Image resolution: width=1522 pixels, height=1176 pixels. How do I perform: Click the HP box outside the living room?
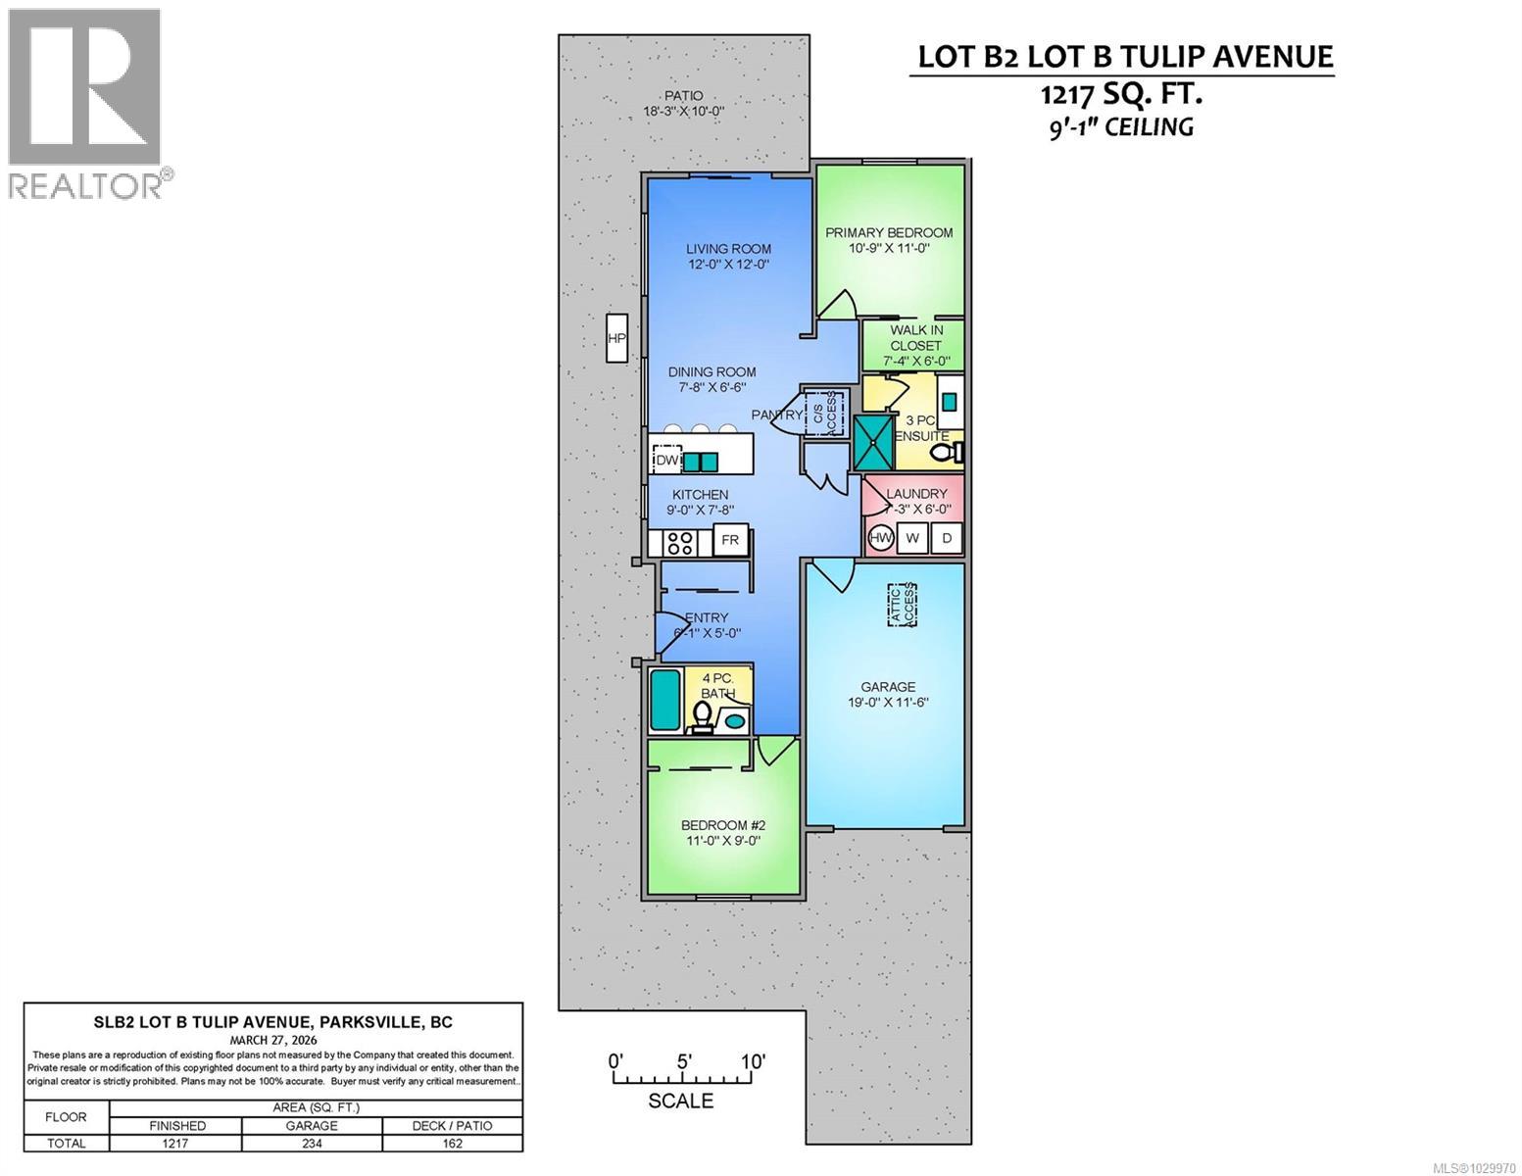point(615,339)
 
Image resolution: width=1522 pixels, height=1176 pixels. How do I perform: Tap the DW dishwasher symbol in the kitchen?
point(666,461)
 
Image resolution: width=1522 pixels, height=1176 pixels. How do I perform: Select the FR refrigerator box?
point(730,540)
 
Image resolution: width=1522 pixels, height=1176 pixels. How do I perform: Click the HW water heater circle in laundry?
point(881,538)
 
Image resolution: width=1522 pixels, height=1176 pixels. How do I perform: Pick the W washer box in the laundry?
point(912,538)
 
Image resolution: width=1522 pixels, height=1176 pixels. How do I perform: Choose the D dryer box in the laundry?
point(947,538)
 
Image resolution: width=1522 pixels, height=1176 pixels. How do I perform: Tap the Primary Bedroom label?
point(888,232)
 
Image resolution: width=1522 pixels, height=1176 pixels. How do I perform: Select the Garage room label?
point(888,687)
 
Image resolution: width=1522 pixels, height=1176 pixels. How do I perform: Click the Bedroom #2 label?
point(721,825)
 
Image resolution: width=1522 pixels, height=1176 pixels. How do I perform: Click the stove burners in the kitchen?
point(679,541)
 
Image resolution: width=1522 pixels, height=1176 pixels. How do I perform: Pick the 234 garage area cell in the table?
point(312,1143)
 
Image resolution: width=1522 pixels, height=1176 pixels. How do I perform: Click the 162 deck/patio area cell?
point(452,1143)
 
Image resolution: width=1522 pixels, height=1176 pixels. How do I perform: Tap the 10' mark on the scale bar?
point(752,1061)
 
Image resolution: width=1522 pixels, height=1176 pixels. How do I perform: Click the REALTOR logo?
point(88,103)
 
